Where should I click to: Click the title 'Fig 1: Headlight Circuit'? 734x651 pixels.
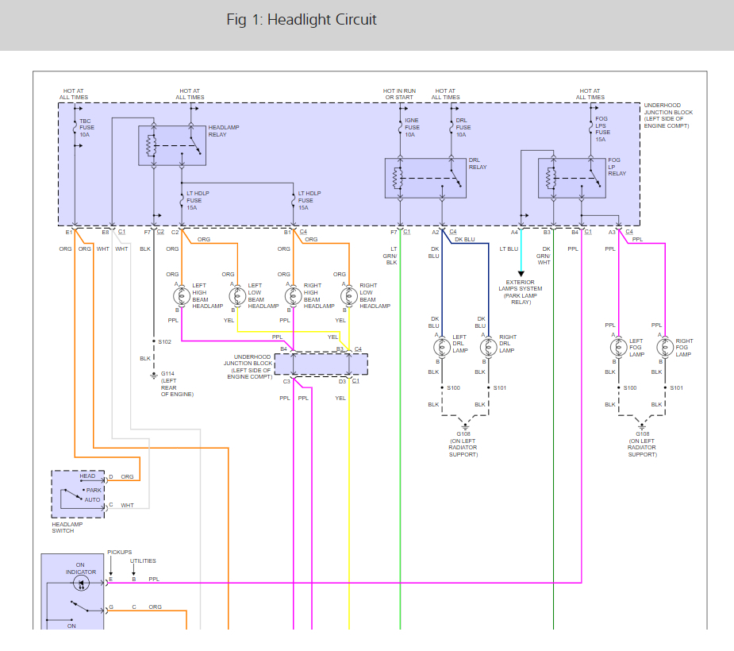[x=302, y=20]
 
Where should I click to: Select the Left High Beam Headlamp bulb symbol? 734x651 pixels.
[x=182, y=296]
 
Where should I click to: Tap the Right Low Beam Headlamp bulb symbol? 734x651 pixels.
[x=348, y=296]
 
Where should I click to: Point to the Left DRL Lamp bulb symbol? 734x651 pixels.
[x=442, y=348]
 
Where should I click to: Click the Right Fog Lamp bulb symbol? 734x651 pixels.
[x=665, y=348]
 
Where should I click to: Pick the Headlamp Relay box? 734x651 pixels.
[x=172, y=145]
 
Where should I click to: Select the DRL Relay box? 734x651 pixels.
[x=425, y=178]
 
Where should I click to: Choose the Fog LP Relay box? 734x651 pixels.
[x=572, y=178]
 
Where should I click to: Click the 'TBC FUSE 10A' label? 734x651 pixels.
[x=86, y=128]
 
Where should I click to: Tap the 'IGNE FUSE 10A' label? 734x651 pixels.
[x=412, y=127]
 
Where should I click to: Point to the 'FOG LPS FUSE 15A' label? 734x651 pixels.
[x=602, y=129]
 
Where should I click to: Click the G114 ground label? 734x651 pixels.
[x=167, y=374]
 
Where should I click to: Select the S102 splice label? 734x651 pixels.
[x=165, y=342]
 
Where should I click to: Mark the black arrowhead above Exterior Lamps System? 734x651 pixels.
[x=521, y=274]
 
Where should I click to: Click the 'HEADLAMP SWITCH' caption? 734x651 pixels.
[x=67, y=527]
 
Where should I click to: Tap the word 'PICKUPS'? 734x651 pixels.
[x=119, y=553]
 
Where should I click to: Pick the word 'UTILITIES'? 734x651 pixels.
[x=143, y=561]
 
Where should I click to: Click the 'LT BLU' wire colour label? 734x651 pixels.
[x=509, y=249]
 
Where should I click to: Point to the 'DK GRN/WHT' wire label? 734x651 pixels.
[x=544, y=256]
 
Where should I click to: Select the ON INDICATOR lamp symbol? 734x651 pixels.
[x=82, y=583]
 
